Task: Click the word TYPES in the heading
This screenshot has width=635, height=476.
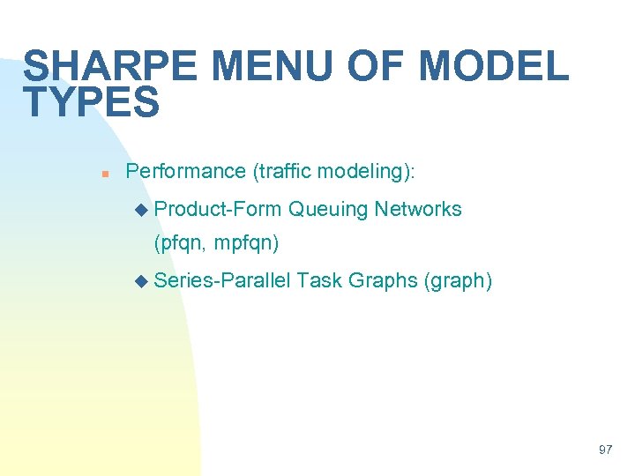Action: point(92,103)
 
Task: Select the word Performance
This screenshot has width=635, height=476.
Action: point(186,171)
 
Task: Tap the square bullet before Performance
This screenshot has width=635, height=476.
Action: point(104,173)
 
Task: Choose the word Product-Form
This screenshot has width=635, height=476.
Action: point(217,209)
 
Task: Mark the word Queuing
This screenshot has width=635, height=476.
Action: point(327,209)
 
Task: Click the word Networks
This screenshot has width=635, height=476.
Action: point(417,209)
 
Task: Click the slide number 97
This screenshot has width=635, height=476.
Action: point(605,450)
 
